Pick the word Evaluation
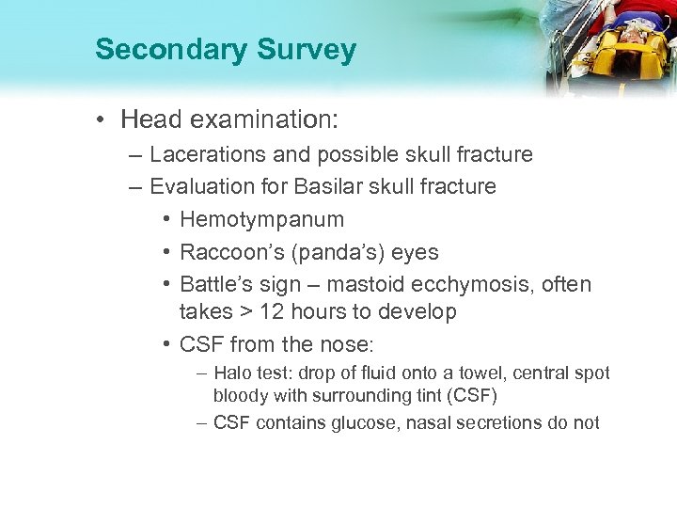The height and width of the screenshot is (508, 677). pos(202,186)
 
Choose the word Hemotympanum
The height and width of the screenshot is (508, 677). pos(262,219)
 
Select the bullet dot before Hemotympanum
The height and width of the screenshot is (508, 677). pos(165,220)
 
